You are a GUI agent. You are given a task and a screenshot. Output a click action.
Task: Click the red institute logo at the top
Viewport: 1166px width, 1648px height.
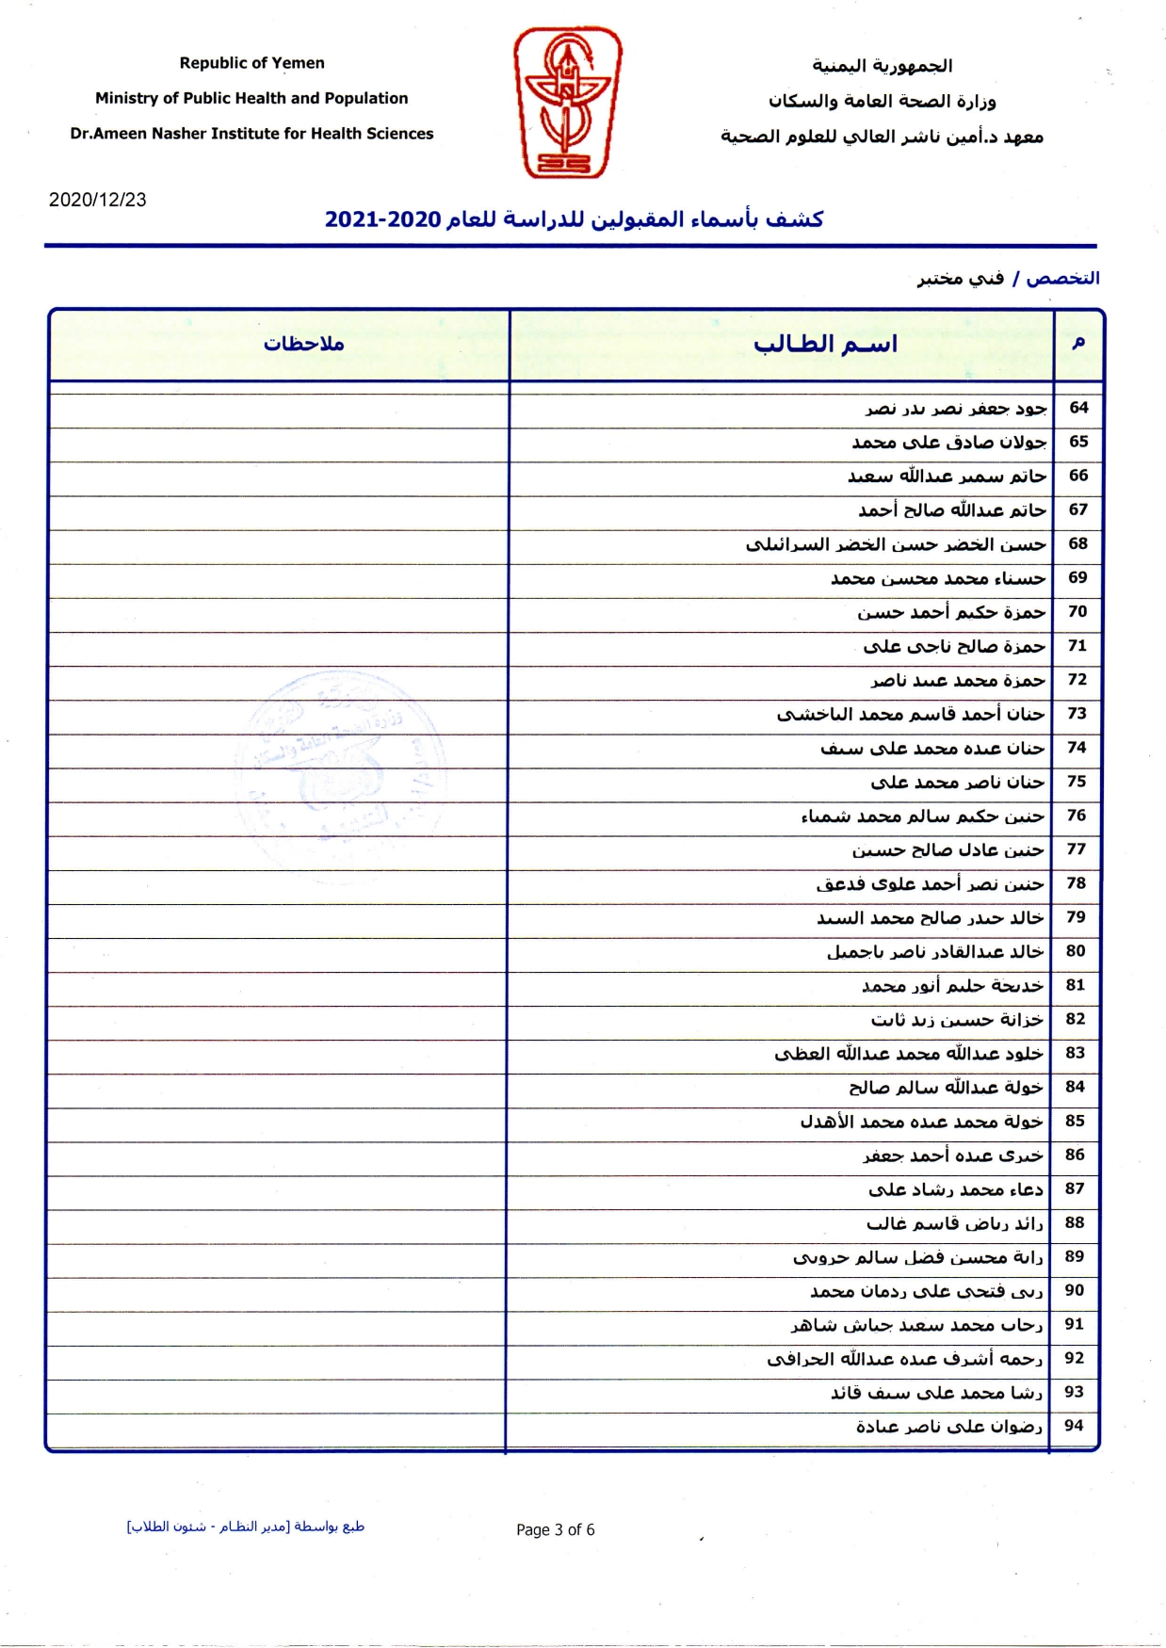(x=567, y=102)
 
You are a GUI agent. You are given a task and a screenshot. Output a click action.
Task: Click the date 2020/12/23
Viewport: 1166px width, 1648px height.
(x=98, y=200)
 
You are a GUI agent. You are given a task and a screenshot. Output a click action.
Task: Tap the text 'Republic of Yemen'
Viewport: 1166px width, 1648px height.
(x=251, y=63)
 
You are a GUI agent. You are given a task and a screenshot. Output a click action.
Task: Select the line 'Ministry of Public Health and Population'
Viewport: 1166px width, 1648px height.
(x=251, y=98)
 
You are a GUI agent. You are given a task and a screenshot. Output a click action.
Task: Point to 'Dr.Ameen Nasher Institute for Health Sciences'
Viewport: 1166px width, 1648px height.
(x=251, y=134)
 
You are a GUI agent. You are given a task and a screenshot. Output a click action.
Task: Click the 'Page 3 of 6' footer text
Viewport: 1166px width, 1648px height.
(x=555, y=1529)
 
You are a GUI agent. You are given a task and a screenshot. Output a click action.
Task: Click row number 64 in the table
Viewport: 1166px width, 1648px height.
(x=1078, y=408)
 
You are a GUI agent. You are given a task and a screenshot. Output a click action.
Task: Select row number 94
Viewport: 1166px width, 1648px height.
(x=1074, y=1426)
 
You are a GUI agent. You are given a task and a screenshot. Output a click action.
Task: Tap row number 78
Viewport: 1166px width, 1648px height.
(x=1076, y=883)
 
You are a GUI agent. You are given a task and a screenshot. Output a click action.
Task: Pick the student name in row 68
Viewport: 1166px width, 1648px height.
(x=895, y=544)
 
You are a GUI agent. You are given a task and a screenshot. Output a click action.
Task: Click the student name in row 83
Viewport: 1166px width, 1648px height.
(x=908, y=1054)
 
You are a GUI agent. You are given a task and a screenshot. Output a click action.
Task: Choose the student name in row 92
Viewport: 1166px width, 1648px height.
(x=904, y=1359)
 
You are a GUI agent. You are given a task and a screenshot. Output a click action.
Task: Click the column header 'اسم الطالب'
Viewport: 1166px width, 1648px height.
(x=825, y=345)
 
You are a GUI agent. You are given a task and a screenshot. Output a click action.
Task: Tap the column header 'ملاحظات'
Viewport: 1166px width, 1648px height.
(x=303, y=345)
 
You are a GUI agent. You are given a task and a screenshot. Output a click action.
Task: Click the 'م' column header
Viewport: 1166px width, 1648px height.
(x=1078, y=343)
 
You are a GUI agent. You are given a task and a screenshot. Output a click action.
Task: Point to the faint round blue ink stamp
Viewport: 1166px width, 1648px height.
(x=339, y=761)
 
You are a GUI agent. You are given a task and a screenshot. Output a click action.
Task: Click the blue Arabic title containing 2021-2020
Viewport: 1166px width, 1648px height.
(x=574, y=219)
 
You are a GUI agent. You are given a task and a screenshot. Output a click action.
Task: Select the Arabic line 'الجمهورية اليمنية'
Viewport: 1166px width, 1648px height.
(x=882, y=66)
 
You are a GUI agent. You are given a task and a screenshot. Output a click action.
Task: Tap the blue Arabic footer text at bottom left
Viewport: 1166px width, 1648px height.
(x=246, y=1527)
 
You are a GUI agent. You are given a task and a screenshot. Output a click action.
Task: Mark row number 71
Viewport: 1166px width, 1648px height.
(x=1077, y=646)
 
